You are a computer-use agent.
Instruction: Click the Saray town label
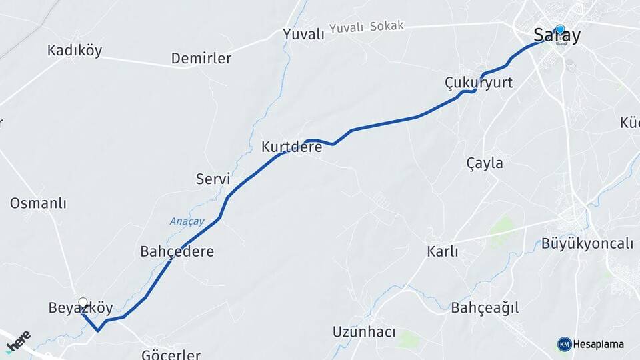tap(557, 36)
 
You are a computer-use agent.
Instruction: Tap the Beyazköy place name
tap(81, 309)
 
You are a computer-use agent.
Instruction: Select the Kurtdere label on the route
tap(291, 147)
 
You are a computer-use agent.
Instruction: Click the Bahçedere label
tap(177, 251)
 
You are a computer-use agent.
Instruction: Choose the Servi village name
tap(213, 179)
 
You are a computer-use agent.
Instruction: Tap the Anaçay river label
tap(187, 221)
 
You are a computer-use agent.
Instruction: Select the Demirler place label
tap(201, 58)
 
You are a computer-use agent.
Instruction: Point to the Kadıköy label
tap(75, 50)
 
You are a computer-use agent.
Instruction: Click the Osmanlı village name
tap(38, 203)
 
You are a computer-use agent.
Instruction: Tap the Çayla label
tap(485, 163)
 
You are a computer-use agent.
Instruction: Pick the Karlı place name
tap(443, 251)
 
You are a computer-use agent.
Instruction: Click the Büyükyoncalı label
tap(587, 243)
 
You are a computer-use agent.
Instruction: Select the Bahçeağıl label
tap(485, 307)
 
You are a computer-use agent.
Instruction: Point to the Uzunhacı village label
tap(364, 331)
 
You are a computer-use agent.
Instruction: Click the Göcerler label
tap(171, 353)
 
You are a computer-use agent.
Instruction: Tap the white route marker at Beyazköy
tap(83, 302)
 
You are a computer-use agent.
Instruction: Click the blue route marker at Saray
tap(560, 29)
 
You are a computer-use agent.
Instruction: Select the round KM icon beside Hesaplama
tap(564, 344)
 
